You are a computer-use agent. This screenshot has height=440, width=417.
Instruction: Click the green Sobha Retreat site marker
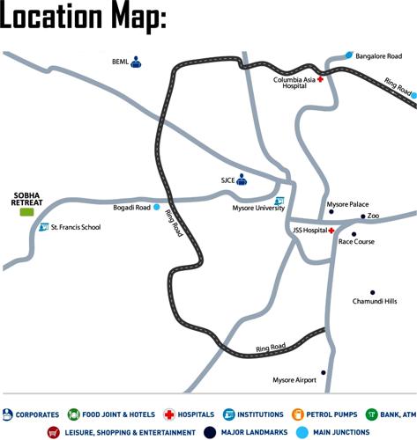tap(26, 212)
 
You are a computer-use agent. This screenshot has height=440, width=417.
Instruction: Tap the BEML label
tap(120, 62)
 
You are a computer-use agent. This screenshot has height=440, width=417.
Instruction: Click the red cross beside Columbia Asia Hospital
tap(321, 80)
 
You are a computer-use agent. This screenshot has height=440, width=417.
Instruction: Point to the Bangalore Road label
tap(379, 56)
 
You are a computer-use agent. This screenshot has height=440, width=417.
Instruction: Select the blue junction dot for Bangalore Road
tap(350, 55)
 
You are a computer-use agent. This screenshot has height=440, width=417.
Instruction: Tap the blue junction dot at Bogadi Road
tap(157, 208)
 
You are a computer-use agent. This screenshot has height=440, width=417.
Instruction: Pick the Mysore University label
tap(258, 209)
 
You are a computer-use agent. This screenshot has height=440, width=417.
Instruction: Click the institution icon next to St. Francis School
tap(42, 228)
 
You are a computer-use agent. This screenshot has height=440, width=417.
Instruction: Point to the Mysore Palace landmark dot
tap(331, 212)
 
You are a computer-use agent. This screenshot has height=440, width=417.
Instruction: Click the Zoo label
tap(373, 216)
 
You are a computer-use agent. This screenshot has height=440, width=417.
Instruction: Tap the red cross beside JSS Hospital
tap(331, 231)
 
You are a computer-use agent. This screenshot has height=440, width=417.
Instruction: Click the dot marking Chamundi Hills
tap(372, 293)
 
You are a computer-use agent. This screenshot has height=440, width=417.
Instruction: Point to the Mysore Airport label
tap(294, 380)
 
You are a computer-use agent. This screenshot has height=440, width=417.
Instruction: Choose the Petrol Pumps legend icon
tap(298, 414)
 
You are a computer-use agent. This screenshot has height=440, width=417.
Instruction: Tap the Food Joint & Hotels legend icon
tap(72, 414)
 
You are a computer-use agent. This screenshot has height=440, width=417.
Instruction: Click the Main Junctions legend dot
tap(303, 432)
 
